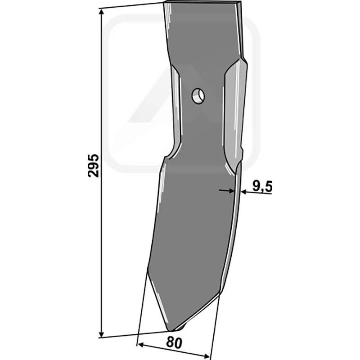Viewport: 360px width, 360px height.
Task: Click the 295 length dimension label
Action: point(93,166)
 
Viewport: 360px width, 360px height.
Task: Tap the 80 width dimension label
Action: point(174,343)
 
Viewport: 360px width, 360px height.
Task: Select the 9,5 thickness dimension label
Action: point(262,186)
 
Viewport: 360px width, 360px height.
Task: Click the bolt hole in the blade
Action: point(198,96)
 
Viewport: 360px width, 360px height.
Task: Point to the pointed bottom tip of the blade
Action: point(171,330)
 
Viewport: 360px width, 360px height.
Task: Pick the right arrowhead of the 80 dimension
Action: point(206,356)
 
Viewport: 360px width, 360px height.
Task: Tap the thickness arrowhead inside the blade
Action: point(231,190)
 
